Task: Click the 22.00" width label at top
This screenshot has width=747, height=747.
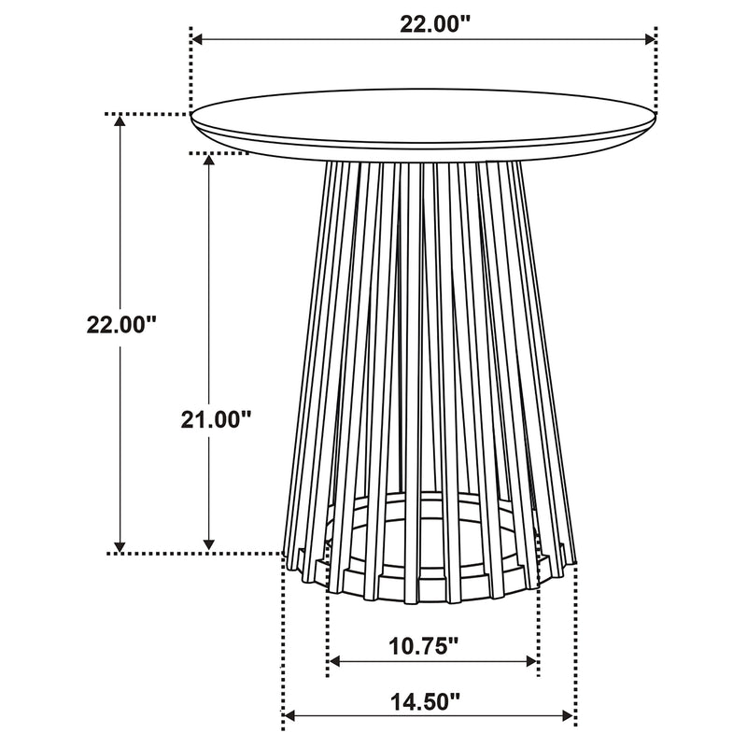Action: [426, 25]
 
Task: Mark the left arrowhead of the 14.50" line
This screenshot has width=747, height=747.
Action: [289, 716]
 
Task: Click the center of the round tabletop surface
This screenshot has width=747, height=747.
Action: [424, 118]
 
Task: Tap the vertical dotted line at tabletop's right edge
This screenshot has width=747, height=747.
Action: [656, 75]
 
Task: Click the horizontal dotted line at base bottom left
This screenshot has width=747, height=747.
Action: [196, 554]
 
